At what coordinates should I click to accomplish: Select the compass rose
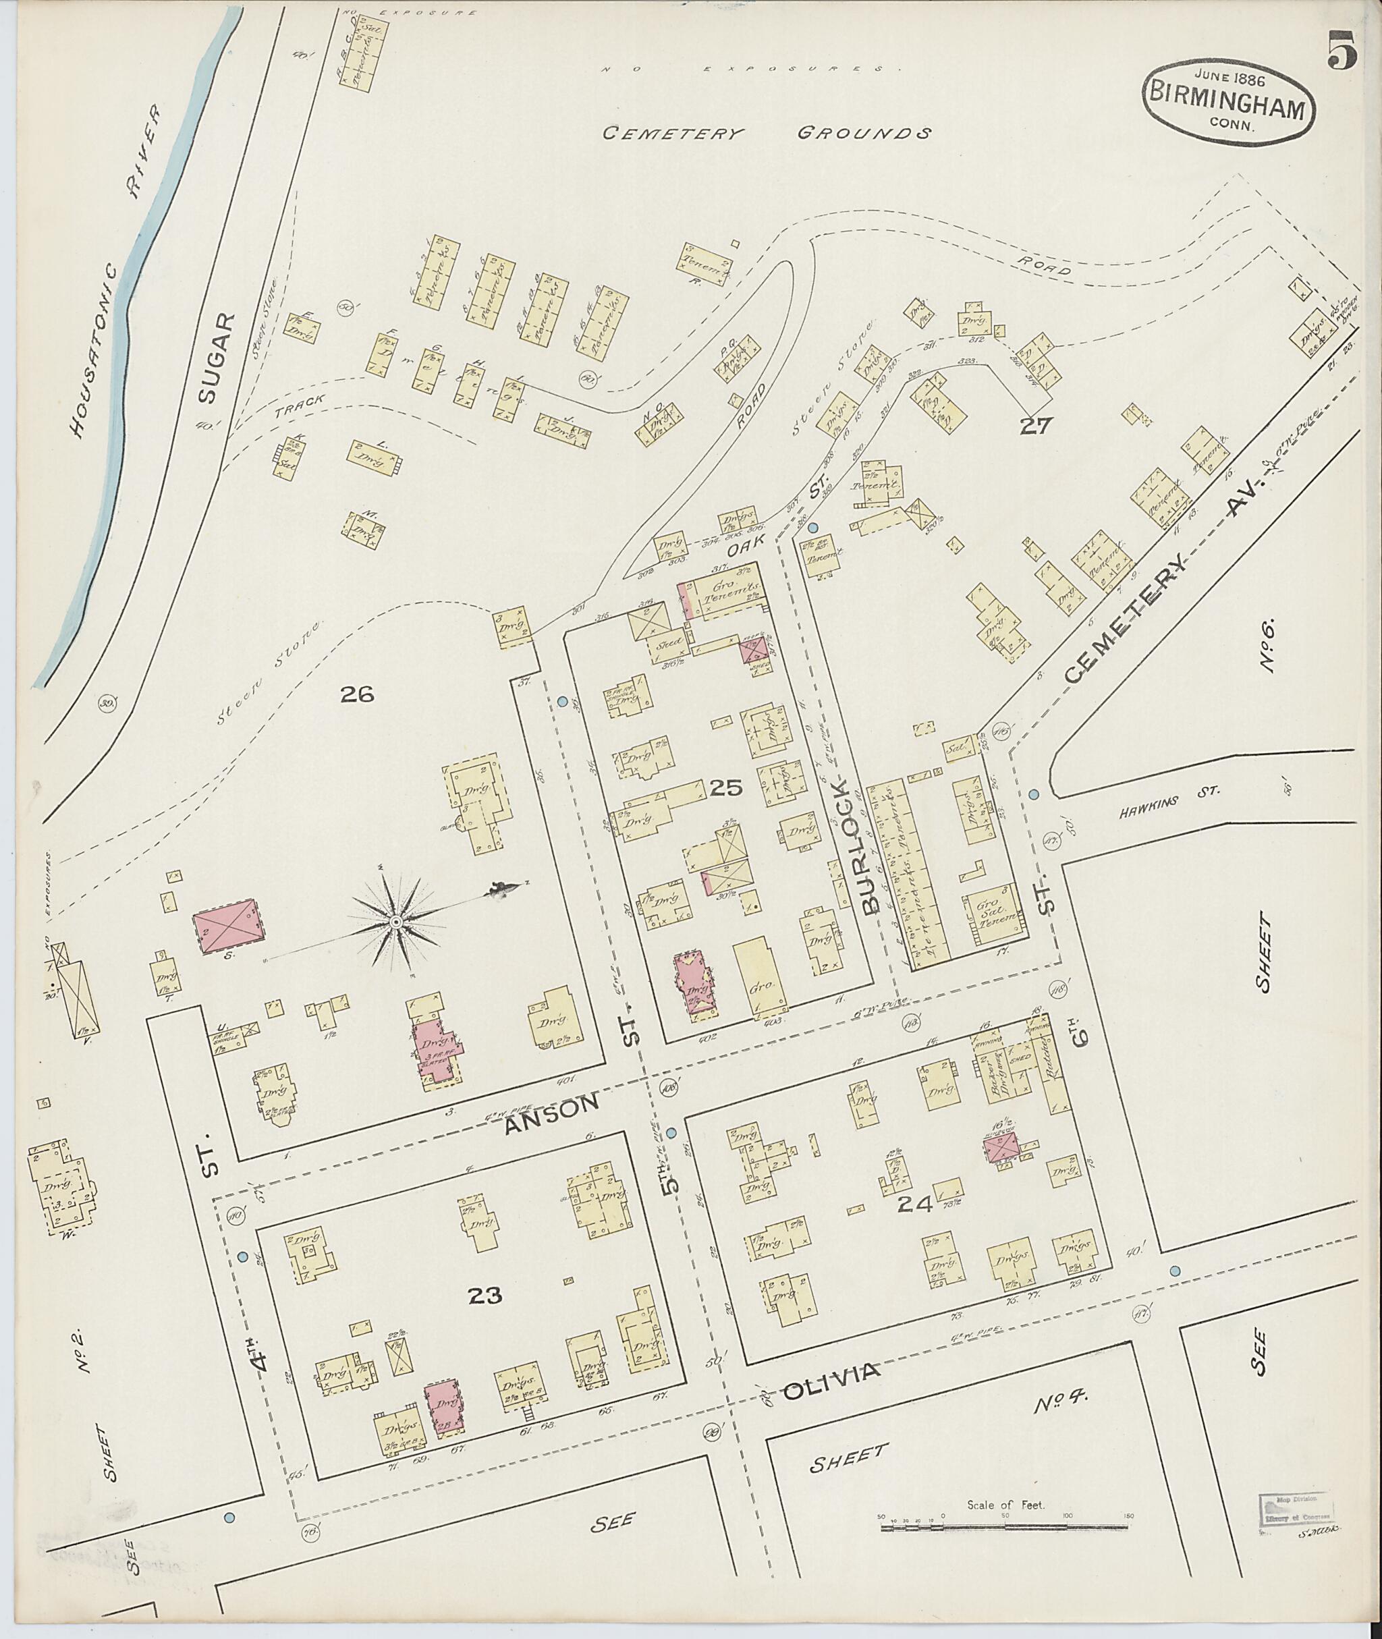pos(397,923)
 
